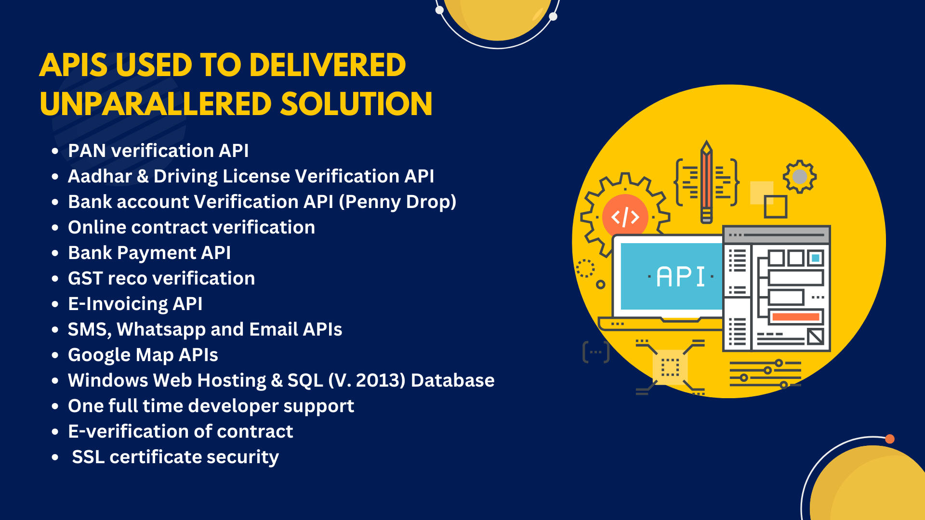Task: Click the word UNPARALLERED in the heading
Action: click(x=156, y=104)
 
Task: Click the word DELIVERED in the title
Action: click(x=328, y=65)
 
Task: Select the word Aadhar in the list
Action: click(x=100, y=176)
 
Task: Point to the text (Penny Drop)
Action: click(x=397, y=202)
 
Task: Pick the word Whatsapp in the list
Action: click(x=161, y=330)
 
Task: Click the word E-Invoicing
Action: click(x=118, y=304)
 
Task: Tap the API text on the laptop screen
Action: click(x=680, y=277)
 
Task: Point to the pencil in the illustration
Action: click(x=706, y=182)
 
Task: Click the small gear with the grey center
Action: click(x=800, y=177)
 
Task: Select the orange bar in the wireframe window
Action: click(x=795, y=317)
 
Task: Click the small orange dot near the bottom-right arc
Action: click(x=890, y=439)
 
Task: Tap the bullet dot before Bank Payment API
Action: click(x=55, y=253)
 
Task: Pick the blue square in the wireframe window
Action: click(x=816, y=258)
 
